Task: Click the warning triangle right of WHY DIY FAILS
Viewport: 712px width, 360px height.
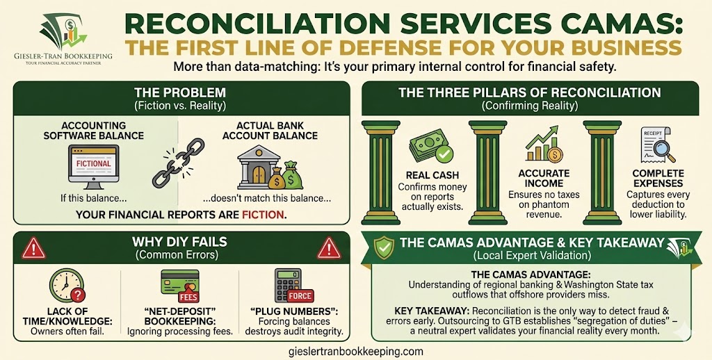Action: click(328, 247)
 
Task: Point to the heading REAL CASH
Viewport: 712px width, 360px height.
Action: click(432, 175)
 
